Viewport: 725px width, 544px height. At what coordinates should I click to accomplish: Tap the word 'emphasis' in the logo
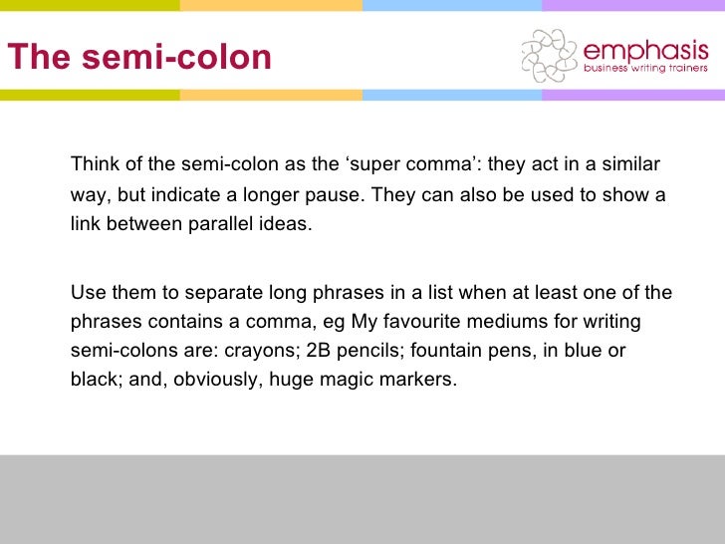[646, 50]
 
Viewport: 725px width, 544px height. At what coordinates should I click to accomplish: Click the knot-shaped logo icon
[549, 55]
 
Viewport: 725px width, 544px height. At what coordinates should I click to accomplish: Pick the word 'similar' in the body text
[626, 163]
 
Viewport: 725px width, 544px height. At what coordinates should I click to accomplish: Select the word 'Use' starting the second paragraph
[87, 293]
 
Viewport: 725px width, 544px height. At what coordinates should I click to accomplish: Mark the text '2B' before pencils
[320, 352]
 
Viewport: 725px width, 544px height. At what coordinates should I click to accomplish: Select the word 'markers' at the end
[421, 381]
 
